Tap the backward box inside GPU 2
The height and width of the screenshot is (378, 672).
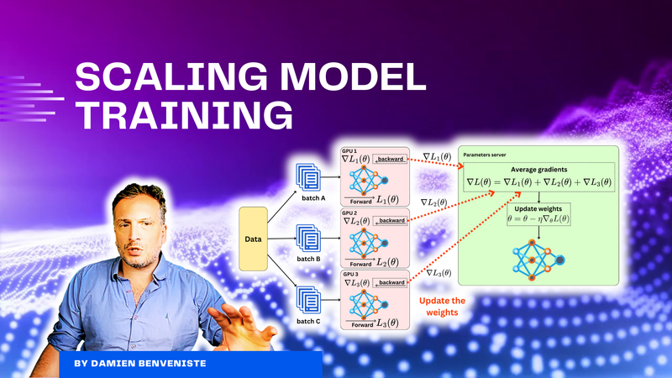(x=391, y=222)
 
